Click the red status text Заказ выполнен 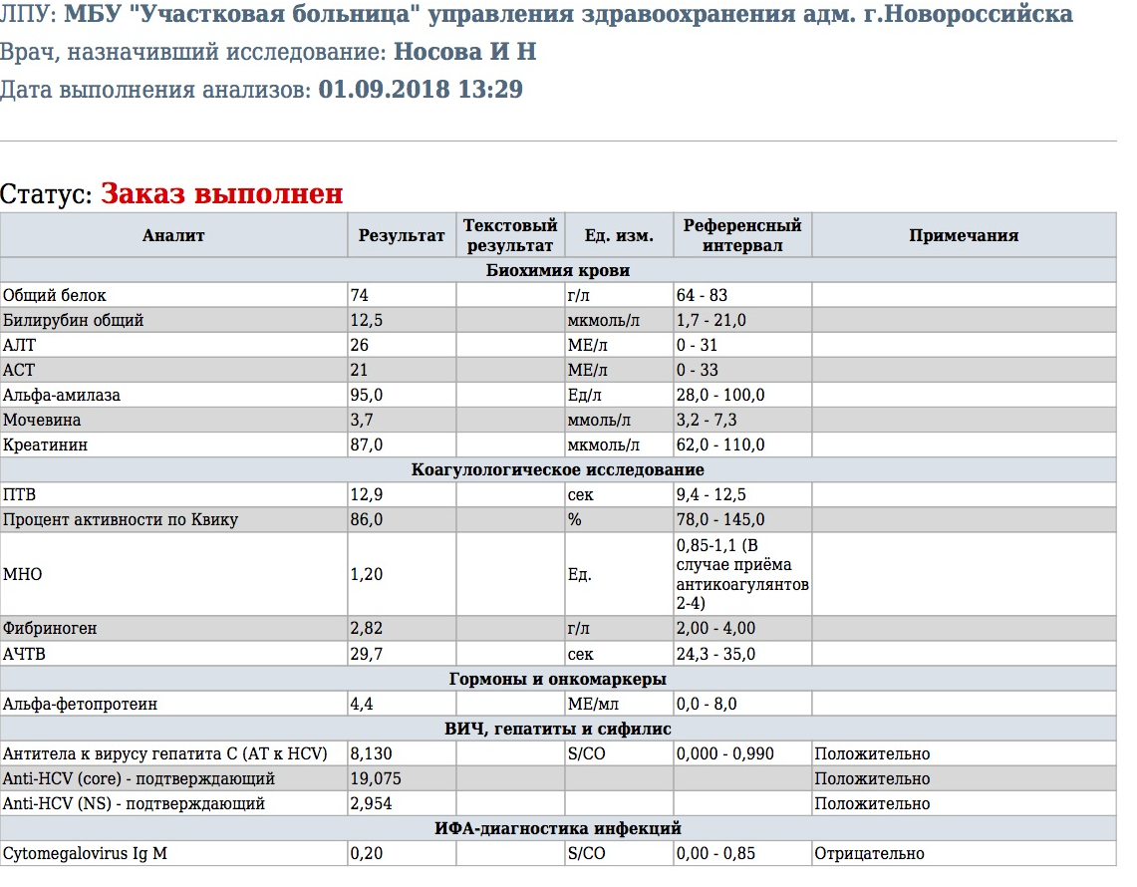(x=221, y=193)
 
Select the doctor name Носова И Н (x=465, y=52)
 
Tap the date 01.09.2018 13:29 (x=421, y=90)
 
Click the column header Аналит (x=173, y=236)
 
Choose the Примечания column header (x=963, y=236)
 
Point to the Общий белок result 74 (x=359, y=295)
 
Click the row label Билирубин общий (x=74, y=320)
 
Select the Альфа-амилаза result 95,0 (x=366, y=395)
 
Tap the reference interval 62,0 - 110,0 (x=720, y=444)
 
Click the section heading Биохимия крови (x=558, y=270)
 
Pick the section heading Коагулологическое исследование (x=558, y=469)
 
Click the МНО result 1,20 (x=366, y=574)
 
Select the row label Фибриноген (x=50, y=629)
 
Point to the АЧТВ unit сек (x=580, y=654)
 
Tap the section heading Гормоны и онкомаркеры (x=558, y=679)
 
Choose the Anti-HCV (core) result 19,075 (x=376, y=778)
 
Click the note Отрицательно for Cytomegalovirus (x=869, y=853)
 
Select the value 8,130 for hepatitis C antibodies (x=371, y=753)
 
